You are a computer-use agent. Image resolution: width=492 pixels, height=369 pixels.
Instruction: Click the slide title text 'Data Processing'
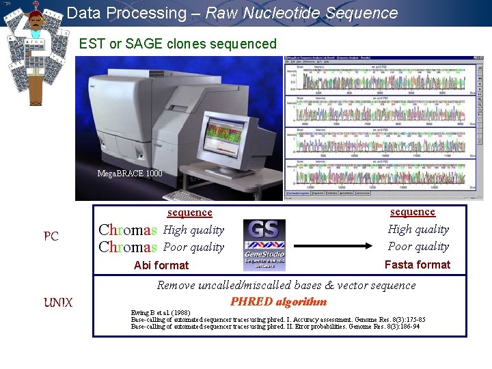[126, 13]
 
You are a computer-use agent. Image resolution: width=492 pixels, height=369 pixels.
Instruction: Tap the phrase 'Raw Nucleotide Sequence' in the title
[301, 13]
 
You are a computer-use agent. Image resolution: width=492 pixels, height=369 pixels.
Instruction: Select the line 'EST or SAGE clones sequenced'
[178, 44]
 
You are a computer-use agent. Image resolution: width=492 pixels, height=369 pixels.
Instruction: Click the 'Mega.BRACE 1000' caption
[130, 174]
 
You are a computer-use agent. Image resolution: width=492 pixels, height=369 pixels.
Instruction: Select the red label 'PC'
[51, 236]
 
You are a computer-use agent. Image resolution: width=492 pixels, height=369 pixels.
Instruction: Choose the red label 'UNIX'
[58, 302]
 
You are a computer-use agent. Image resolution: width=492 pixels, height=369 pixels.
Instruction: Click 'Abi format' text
[161, 265]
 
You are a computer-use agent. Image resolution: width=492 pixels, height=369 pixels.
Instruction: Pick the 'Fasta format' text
[418, 264]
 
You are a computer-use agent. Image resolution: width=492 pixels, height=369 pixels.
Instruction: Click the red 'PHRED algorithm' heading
[278, 301]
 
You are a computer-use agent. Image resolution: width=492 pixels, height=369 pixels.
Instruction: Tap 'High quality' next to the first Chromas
[193, 230]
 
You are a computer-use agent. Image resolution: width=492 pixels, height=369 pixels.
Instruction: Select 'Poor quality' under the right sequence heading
[418, 247]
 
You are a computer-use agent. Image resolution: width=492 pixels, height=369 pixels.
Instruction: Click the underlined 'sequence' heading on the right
[412, 212]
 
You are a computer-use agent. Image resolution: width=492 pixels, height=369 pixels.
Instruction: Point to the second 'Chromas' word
[128, 247]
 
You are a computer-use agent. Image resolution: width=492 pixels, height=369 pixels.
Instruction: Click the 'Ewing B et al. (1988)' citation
[162, 313]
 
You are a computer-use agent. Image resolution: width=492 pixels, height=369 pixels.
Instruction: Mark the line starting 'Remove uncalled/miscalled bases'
[286, 285]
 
